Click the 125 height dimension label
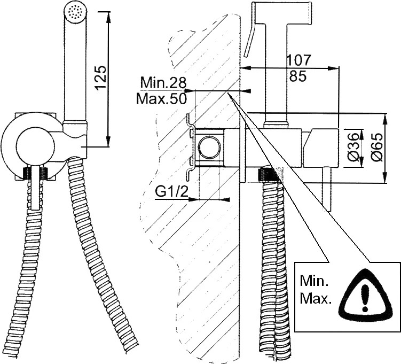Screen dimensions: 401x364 [x=100, y=78]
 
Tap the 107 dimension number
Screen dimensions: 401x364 [x=298, y=60]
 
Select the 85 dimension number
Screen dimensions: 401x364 [x=298, y=76]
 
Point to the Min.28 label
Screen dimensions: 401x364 [x=163, y=83]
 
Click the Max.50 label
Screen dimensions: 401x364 [x=161, y=99]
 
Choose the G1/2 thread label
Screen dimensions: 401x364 [x=171, y=192]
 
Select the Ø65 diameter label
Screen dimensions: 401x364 [x=378, y=147]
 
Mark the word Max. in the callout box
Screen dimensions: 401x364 [x=316, y=298]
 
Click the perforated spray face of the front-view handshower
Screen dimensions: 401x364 [x=76, y=12]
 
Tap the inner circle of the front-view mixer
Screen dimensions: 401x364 [x=35, y=146]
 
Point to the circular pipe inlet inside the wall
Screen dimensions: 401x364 [x=209, y=147]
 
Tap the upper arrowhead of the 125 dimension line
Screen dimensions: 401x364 [x=108, y=16]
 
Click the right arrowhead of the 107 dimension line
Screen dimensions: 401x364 [x=334, y=68]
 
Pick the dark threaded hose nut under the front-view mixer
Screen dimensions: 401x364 [x=36, y=173]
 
